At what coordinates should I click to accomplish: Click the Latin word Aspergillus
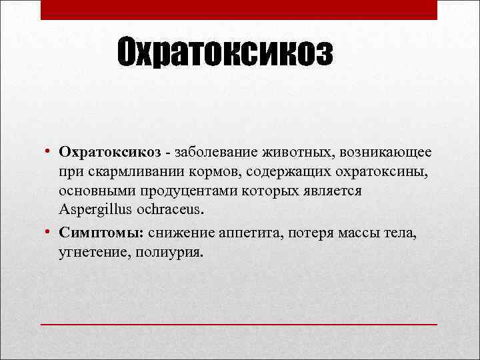coord(92,211)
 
